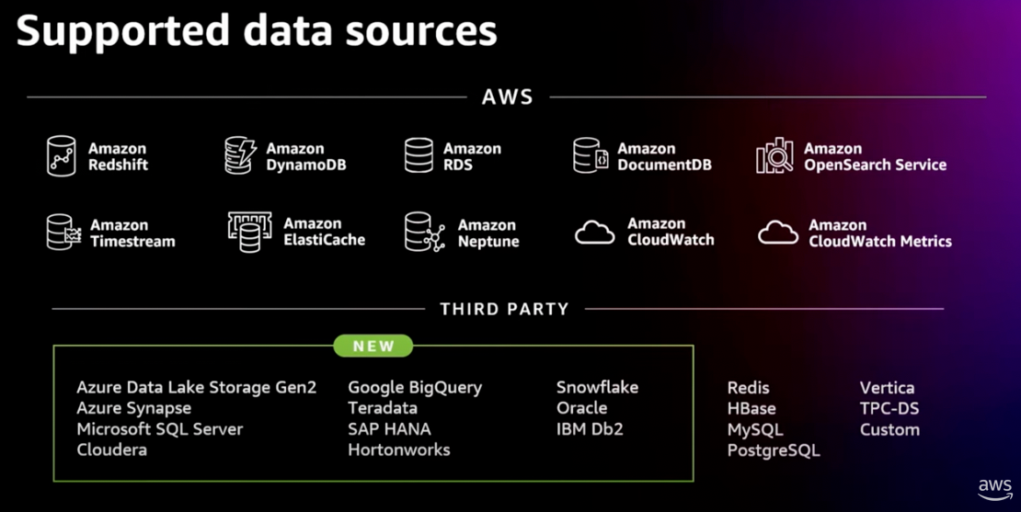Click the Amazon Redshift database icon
point(62,155)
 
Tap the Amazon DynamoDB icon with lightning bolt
point(240,155)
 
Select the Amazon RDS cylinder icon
point(419,155)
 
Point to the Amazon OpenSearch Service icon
point(774,155)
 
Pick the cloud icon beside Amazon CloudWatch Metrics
point(778,233)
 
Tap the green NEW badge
point(373,347)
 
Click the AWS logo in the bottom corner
point(995,489)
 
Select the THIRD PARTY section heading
point(504,309)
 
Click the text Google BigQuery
point(415,388)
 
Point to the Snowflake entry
point(597,388)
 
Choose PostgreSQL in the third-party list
point(774,450)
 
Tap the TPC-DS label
point(889,408)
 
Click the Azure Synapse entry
point(134,408)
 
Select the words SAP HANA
point(389,429)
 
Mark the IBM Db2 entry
point(590,429)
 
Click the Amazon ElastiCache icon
point(250,233)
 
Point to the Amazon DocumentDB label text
point(665,157)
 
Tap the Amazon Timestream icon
point(63,233)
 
